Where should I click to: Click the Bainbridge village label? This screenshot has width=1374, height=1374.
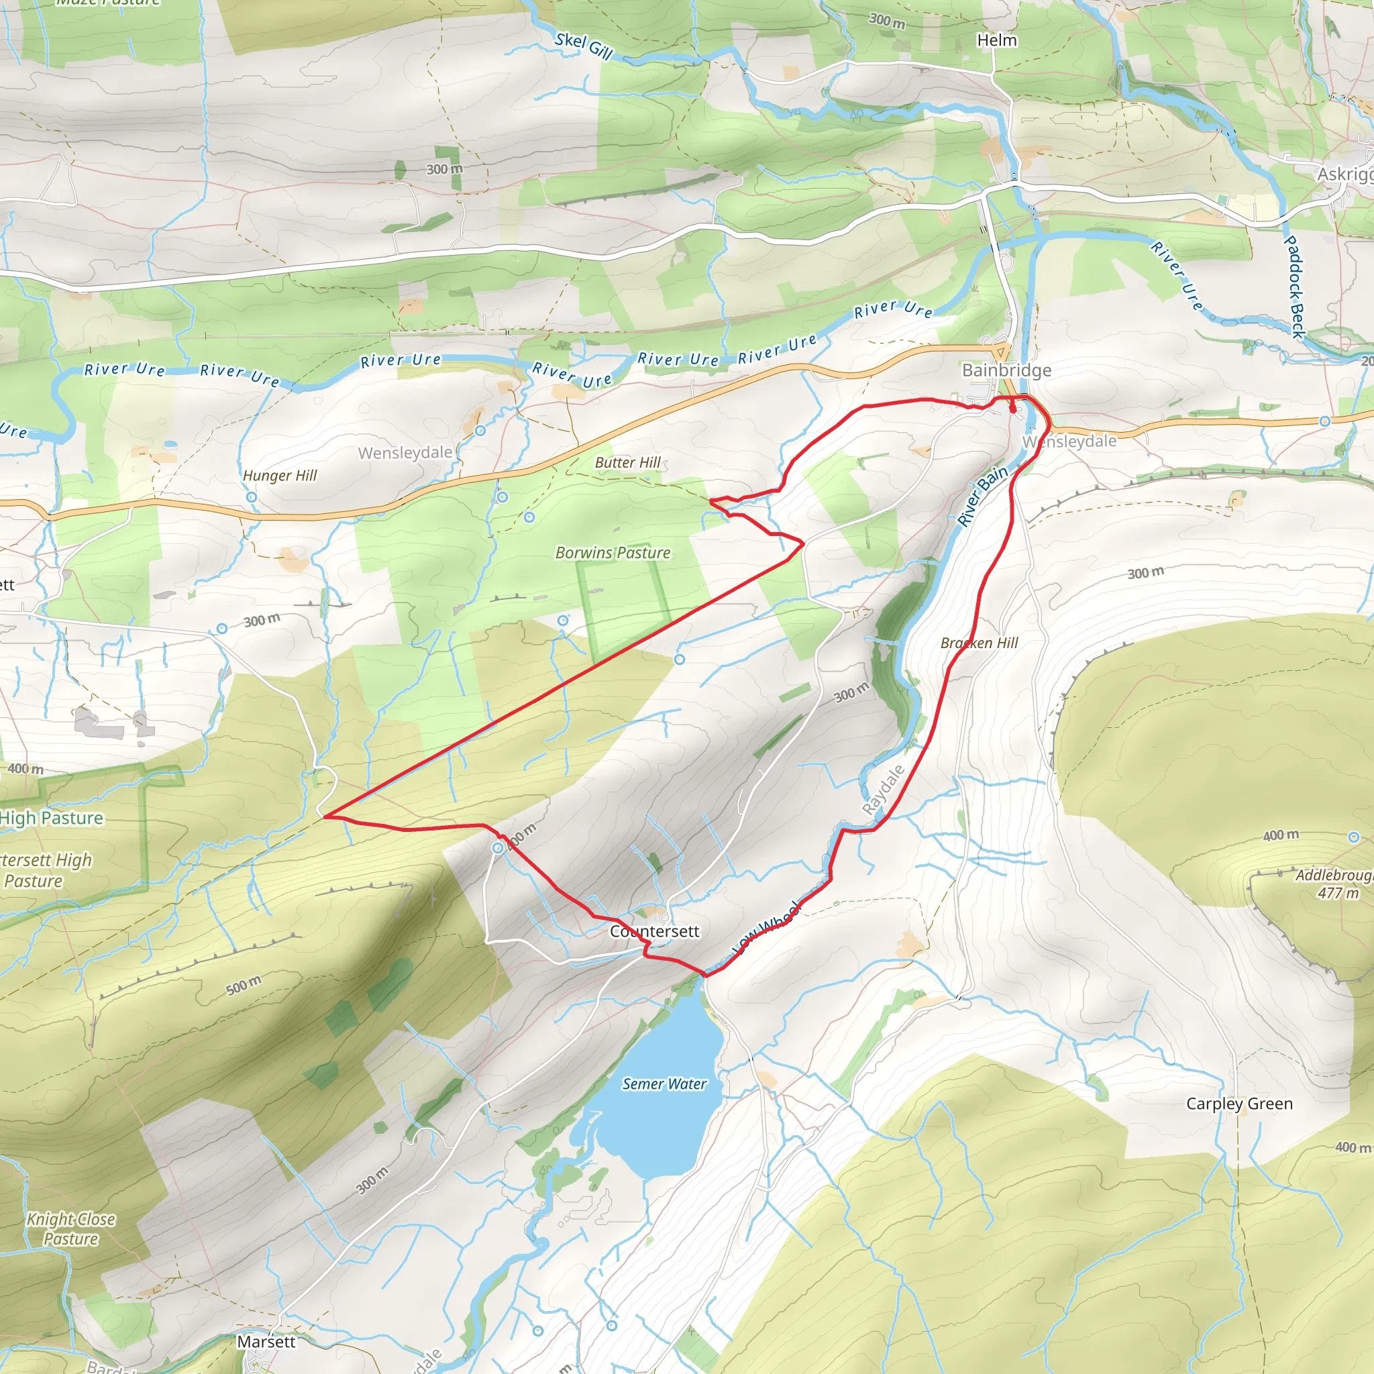pos(1006,370)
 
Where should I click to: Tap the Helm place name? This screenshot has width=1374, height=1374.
pos(996,40)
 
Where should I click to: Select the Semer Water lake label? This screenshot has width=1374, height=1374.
pos(664,1084)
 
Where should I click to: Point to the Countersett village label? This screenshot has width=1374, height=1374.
pos(655,931)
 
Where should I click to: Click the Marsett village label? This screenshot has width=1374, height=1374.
pos(266,1341)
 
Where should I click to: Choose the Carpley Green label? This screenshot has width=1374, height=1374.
pos(1239,1104)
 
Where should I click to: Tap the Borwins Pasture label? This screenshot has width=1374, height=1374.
pos(613,553)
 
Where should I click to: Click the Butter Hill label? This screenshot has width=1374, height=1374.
pos(627,462)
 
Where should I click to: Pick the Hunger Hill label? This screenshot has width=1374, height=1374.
pos(280,475)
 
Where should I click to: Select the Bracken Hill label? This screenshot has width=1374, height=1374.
pos(979,643)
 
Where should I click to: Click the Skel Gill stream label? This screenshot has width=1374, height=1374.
pos(583,46)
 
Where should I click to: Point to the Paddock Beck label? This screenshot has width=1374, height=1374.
pos(1295,286)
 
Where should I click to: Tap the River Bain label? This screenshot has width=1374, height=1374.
pos(982,496)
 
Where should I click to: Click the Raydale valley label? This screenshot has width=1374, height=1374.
pos(884,790)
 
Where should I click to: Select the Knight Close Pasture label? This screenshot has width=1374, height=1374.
pos(70,1229)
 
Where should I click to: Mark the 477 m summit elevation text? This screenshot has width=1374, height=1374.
pos(1338,893)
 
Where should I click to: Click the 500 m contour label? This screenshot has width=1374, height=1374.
pos(244,986)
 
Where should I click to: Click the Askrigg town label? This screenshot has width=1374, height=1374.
pos(1343,174)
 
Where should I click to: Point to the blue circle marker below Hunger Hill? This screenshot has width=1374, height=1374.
pos(251,497)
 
